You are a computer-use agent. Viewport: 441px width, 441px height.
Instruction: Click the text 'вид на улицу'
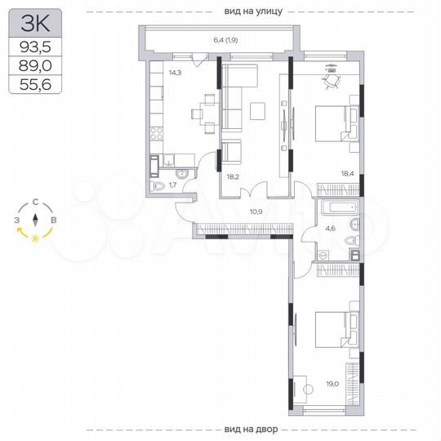click(252, 11)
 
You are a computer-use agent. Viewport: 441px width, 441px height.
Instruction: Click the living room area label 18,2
click(232, 175)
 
